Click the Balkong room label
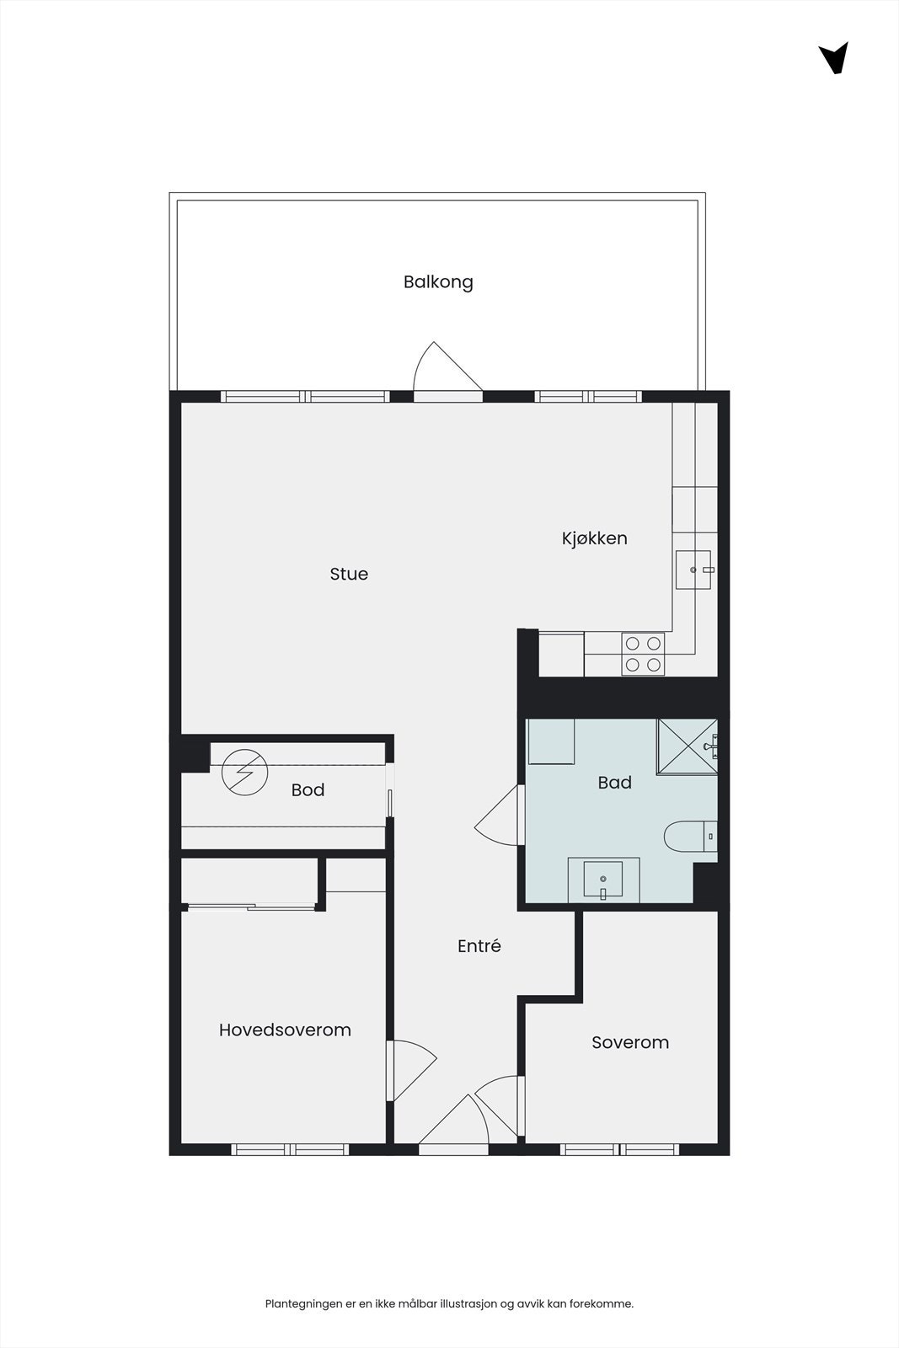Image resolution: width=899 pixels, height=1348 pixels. pyautogui.click(x=438, y=282)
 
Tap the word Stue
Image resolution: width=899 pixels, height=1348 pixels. pyautogui.click(x=349, y=574)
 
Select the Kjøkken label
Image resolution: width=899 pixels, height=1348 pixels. pyautogui.click(x=594, y=538)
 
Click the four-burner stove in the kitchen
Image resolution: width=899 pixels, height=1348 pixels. pyautogui.click(x=643, y=654)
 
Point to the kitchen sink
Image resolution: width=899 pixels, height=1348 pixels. pyautogui.click(x=693, y=570)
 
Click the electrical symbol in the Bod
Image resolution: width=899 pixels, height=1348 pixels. pyautogui.click(x=244, y=773)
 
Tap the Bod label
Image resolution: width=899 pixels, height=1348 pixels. pyautogui.click(x=308, y=790)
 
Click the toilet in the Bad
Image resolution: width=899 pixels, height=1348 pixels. pyautogui.click(x=690, y=837)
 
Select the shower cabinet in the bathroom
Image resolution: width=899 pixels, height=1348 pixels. pyautogui.click(x=687, y=746)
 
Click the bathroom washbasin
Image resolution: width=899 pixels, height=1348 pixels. pyautogui.click(x=603, y=880)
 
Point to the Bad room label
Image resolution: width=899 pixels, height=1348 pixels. pyautogui.click(x=614, y=783)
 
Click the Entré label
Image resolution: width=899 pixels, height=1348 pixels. pyautogui.click(x=479, y=946)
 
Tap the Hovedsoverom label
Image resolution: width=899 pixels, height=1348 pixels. pyautogui.click(x=285, y=1030)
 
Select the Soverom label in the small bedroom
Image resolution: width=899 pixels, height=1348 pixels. pyautogui.click(x=629, y=1042)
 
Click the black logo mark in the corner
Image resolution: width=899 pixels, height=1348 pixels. pyautogui.click(x=834, y=58)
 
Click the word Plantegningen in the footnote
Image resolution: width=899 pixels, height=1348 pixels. pyautogui.click(x=302, y=1303)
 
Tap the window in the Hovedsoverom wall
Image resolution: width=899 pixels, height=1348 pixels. pyautogui.click(x=290, y=1149)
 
